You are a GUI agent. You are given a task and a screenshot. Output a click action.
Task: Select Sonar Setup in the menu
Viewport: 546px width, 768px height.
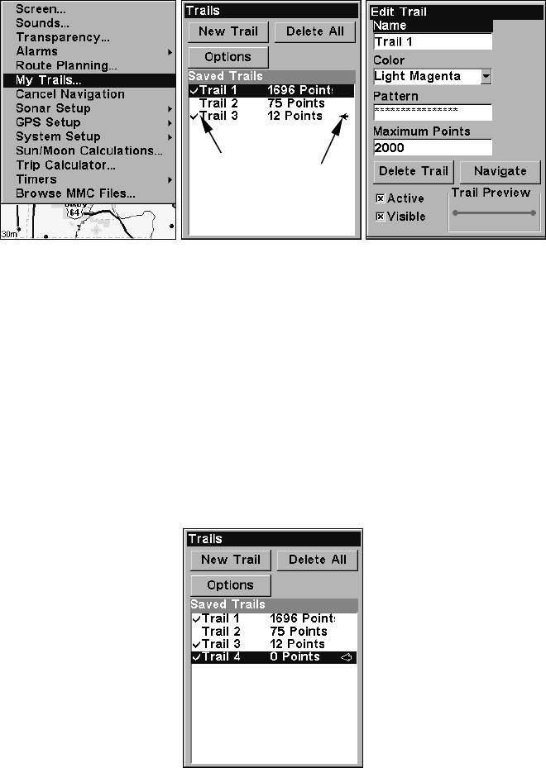(53, 108)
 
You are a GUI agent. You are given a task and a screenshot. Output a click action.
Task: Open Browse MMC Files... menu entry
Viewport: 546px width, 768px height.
(75, 193)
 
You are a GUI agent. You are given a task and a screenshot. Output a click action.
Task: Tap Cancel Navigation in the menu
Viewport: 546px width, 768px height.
(69, 94)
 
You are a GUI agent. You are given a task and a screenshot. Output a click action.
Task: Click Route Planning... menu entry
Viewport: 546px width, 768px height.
(66, 65)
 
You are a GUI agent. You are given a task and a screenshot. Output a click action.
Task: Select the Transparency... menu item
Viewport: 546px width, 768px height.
(62, 37)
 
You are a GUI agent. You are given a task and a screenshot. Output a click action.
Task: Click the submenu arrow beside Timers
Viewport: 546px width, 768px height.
(169, 179)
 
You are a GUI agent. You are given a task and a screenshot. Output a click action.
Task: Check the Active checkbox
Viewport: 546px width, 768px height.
(381, 198)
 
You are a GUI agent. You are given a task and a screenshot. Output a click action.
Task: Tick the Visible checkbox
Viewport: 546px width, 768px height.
(381, 217)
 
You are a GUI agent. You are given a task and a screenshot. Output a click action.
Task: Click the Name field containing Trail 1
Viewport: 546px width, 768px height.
(432, 41)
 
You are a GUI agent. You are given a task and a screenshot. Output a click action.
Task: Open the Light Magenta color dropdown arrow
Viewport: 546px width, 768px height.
(486, 77)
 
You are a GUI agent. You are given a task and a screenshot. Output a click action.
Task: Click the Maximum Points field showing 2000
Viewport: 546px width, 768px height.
(432, 147)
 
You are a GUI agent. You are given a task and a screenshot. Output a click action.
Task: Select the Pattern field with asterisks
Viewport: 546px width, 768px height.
(432, 112)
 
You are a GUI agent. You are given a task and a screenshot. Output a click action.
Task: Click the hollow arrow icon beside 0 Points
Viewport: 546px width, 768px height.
(347, 657)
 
